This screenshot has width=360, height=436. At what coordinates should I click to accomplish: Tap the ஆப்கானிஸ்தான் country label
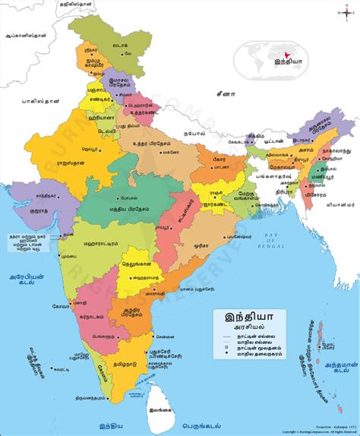pos(28,35)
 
